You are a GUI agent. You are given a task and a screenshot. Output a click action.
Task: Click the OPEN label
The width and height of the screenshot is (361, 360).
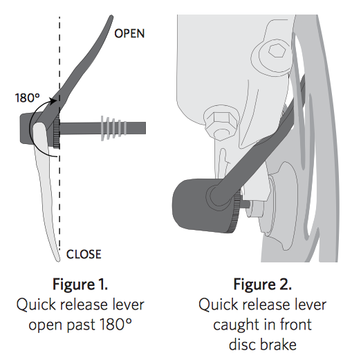click(129, 33)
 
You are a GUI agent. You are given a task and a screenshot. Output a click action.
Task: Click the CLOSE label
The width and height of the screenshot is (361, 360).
click(84, 254)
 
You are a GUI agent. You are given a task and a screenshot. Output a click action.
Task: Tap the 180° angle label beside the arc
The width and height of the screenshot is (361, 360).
click(28, 98)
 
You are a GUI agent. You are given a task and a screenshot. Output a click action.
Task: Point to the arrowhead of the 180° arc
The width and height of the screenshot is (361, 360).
click(53, 101)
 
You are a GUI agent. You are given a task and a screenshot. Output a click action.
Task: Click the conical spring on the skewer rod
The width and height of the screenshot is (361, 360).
click(113, 128)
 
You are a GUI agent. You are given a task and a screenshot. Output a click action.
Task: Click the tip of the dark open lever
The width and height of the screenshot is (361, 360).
click(111, 17)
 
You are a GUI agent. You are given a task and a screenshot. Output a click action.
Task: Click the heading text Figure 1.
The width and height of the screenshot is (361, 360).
click(80, 284)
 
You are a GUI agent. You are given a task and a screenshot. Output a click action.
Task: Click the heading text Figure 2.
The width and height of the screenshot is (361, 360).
click(263, 284)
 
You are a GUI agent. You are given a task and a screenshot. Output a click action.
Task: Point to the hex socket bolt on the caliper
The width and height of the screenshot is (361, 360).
click(277, 51)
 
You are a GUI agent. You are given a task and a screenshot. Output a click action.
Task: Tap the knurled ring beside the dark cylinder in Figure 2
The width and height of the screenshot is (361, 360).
click(237, 210)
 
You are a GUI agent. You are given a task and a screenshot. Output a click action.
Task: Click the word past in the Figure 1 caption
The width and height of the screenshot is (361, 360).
click(81, 325)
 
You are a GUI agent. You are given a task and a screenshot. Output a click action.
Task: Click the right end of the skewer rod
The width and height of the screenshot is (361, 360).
click(145, 128)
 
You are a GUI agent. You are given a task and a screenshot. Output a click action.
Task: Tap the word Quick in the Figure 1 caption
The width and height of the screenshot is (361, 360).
click(37, 305)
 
